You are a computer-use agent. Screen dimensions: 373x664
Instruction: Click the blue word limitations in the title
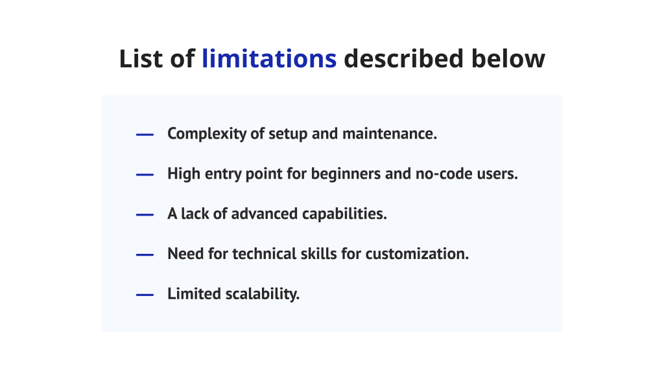click(x=269, y=59)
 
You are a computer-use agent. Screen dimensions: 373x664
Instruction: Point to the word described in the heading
click(x=403, y=59)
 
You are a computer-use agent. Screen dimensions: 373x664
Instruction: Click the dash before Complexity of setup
click(x=145, y=135)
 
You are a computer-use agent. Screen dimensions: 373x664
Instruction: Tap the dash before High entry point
click(x=145, y=175)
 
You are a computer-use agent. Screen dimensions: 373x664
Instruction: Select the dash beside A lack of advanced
click(x=145, y=215)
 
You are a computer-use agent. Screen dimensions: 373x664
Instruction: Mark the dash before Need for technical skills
click(x=145, y=254)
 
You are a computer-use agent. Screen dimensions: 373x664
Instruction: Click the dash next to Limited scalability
click(x=145, y=295)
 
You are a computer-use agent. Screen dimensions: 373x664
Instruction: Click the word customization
click(x=417, y=254)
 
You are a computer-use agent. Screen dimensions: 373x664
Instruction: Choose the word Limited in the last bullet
click(x=193, y=294)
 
